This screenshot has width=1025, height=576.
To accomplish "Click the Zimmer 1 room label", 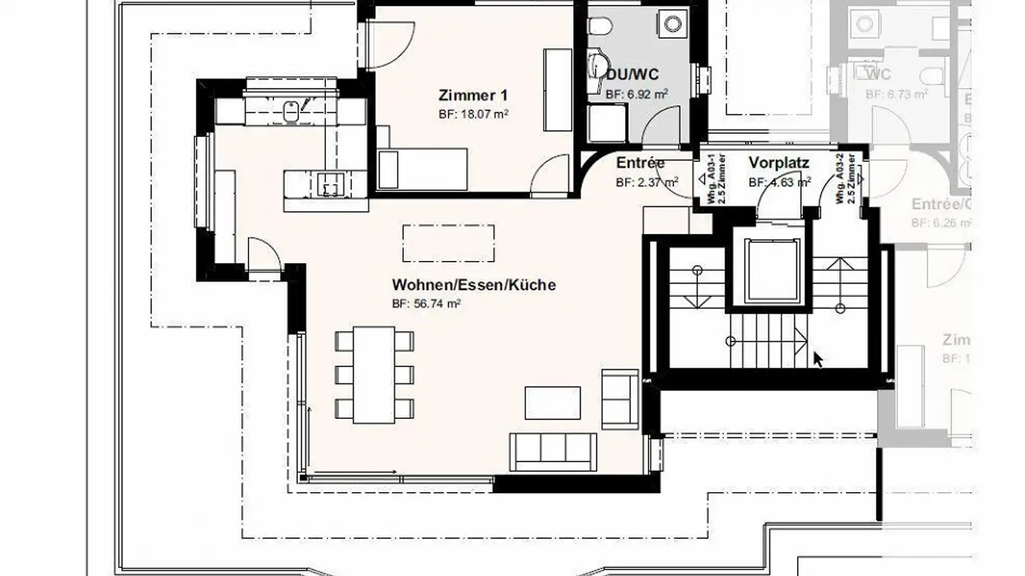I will [x=473, y=95].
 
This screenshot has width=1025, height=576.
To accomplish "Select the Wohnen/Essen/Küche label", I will [x=473, y=285].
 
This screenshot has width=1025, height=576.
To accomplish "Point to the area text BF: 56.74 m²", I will [x=426, y=304].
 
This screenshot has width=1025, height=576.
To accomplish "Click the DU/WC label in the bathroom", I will [x=632, y=75].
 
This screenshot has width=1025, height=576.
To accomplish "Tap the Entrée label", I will [x=640, y=163].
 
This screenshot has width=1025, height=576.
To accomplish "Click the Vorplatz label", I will [x=779, y=163].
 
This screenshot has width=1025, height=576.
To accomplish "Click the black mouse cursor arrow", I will [x=819, y=359].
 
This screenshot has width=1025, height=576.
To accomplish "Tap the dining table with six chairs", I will [x=374, y=374].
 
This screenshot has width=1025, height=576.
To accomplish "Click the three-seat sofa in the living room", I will [x=553, y=451].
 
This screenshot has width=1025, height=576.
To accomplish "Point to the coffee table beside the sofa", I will [x=552, y=402].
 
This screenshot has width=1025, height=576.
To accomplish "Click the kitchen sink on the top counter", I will [x=291, y=111].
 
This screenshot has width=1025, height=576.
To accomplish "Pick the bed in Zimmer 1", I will [x=421, y=169].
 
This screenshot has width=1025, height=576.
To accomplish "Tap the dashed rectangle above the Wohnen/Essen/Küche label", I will [x=448, y=243].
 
